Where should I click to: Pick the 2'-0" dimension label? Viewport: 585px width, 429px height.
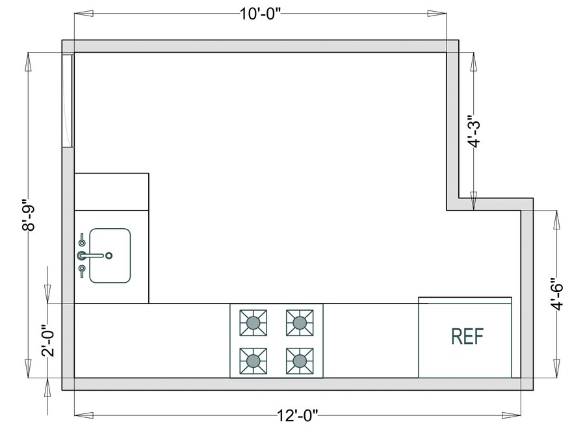click(x=47, y=341)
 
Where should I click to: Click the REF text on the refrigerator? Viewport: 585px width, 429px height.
click(x=467, y=336)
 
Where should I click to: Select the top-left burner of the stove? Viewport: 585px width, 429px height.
click(x=253, y=322)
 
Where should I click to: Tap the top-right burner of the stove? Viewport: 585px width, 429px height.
click(x=299, y=322)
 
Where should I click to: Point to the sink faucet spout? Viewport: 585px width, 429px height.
click(x=94, y=255)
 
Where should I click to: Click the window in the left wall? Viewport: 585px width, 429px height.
click(x=68, y=101)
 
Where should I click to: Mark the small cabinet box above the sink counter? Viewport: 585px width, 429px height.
click(x=112, y=191)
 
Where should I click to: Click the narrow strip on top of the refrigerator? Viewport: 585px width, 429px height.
click(x=465, y=300)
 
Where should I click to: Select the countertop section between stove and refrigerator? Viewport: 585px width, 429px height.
click(x=370, y=340)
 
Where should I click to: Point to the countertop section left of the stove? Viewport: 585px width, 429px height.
click(x=152, y=340)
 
